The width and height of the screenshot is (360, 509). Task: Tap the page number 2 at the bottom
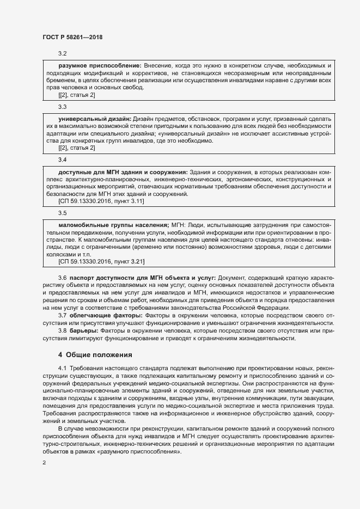click(x=44, y=463)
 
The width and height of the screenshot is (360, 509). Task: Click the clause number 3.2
click(x=62, y=53)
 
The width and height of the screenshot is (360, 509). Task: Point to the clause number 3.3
click(x=62, y=107)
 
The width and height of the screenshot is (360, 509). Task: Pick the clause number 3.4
click(x=62, y=160)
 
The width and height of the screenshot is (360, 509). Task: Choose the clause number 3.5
click(x=62, y=213)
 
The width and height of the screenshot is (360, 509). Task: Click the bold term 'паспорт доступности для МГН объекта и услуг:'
click(x=143, y=278)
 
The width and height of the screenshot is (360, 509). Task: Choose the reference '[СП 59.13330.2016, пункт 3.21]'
click(x=101, y=262)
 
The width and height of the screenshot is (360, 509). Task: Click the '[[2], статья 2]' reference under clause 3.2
click(x=76, y=95)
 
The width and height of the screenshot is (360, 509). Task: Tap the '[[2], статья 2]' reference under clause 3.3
click(x=76, y=149)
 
